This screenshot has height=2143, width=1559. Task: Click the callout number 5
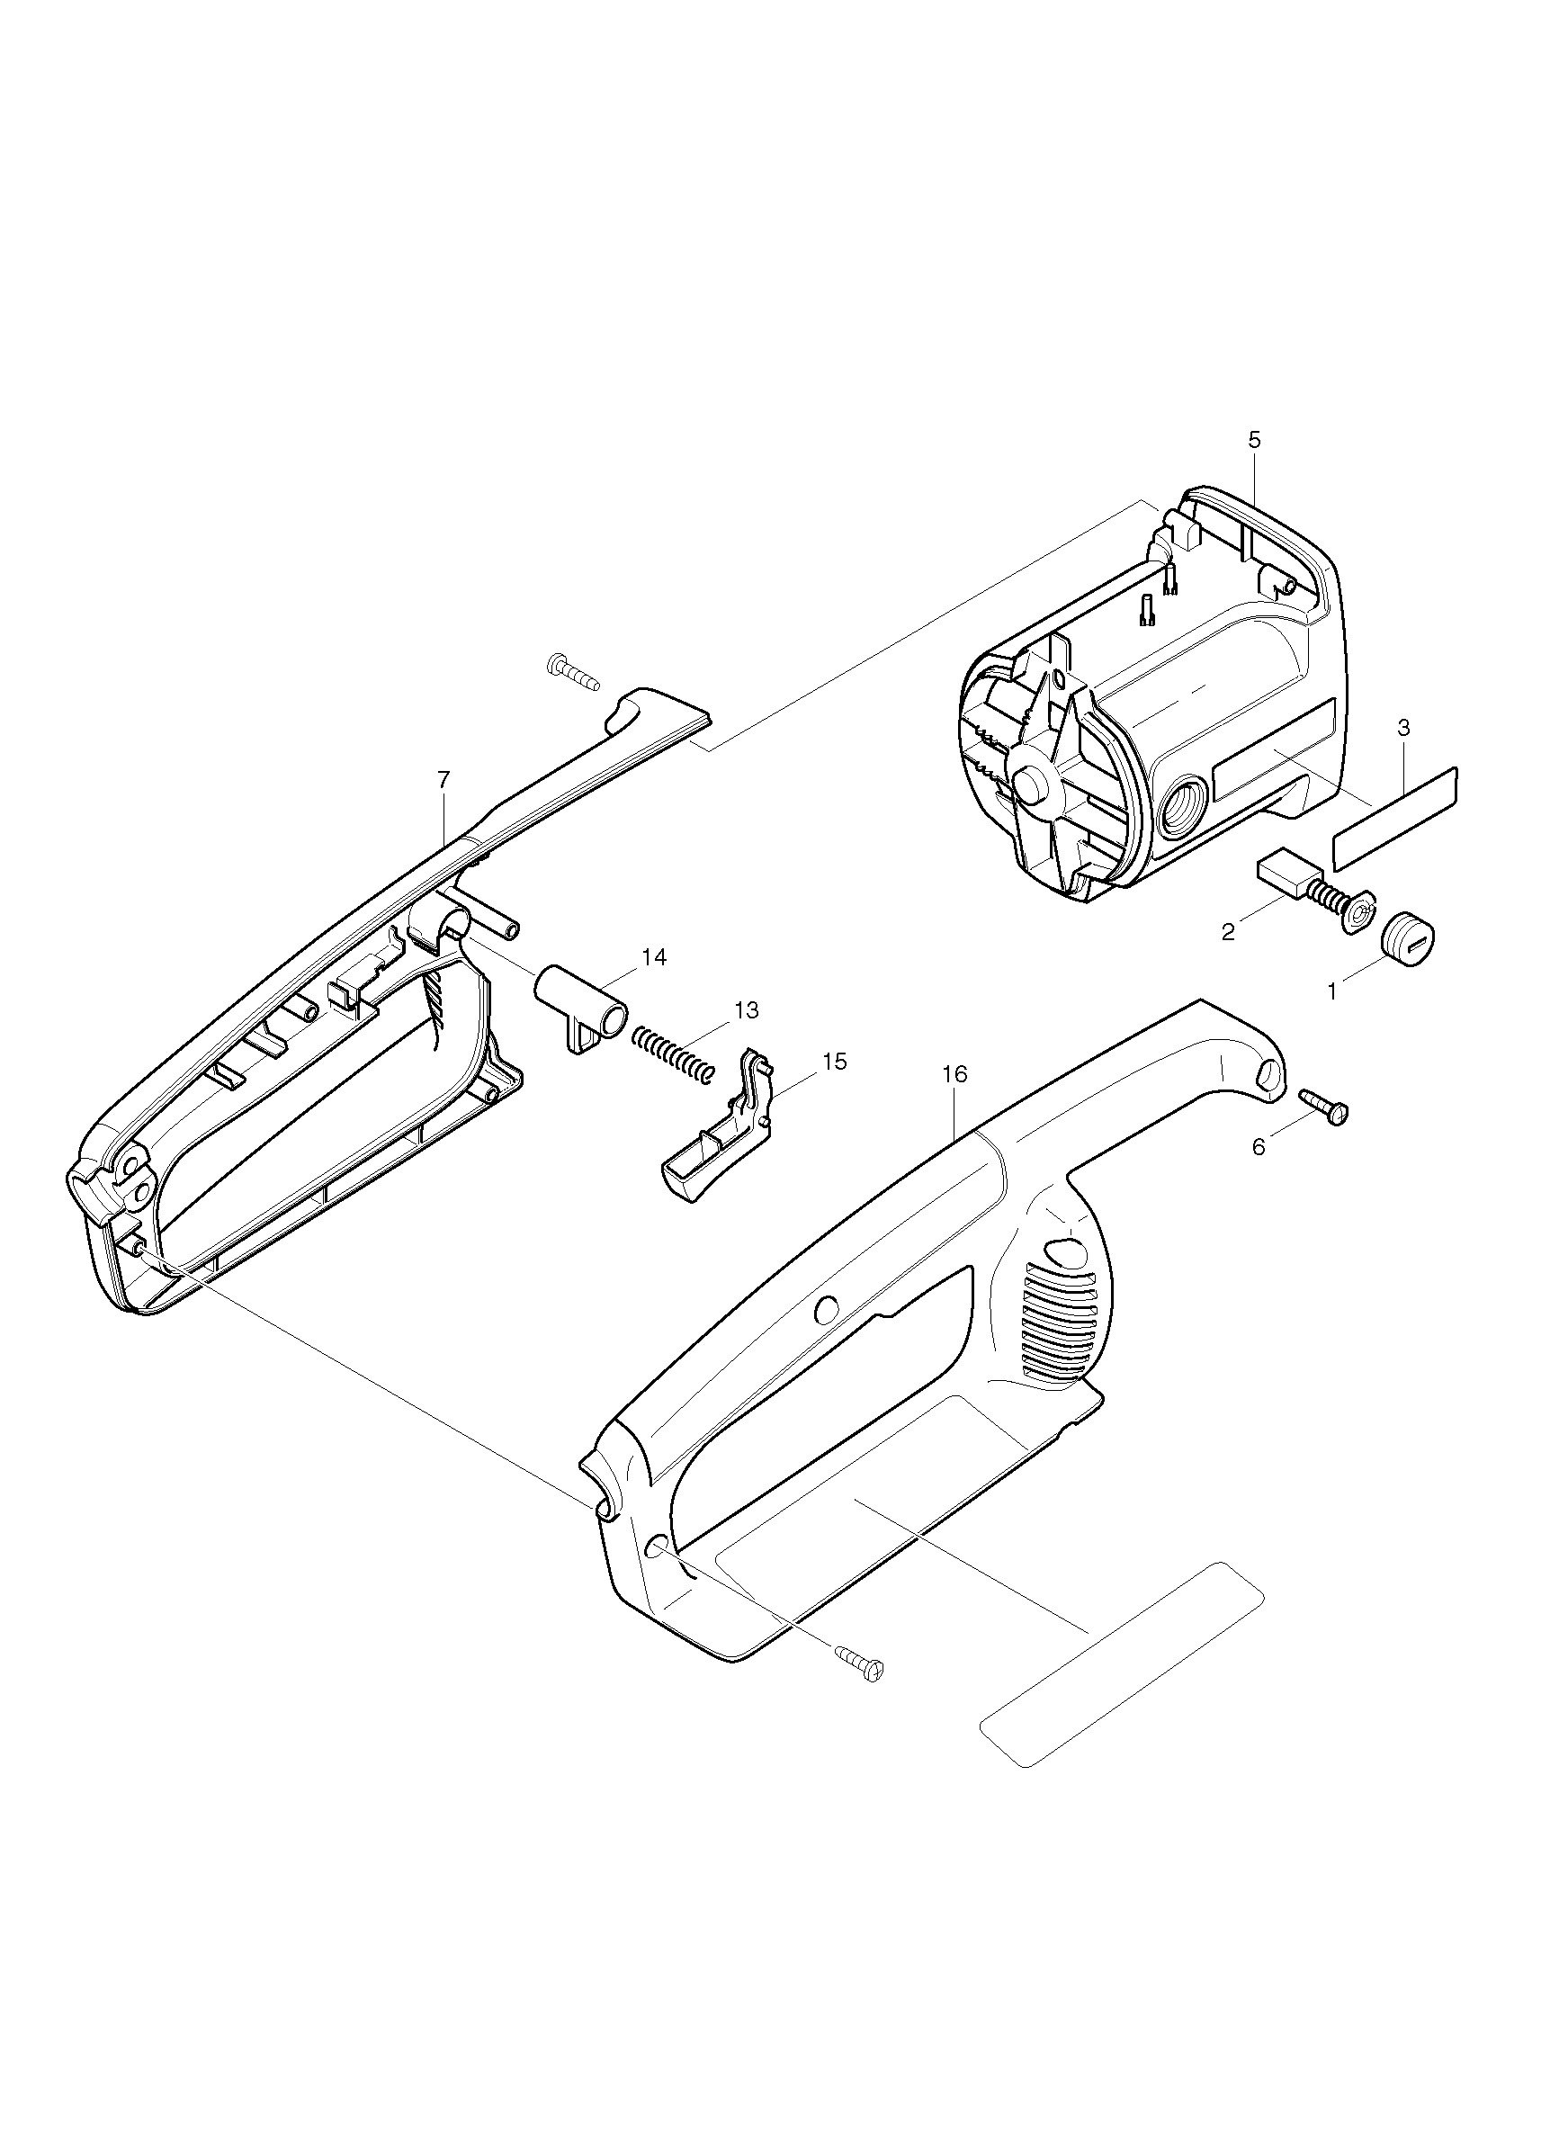point(1254,439)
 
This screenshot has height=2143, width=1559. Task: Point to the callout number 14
point(654,957)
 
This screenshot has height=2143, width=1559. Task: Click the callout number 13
point(747,1010)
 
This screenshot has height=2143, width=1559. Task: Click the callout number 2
point(1227,933)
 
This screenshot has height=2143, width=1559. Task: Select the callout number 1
point(1332,991)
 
